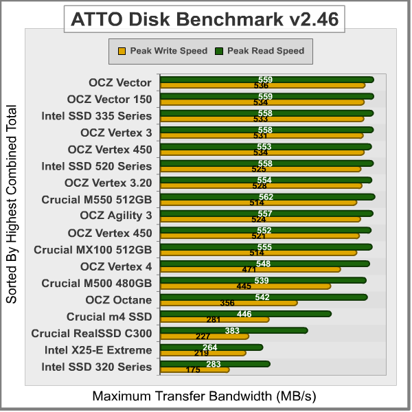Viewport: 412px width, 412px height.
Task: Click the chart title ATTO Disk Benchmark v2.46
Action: (205, 19)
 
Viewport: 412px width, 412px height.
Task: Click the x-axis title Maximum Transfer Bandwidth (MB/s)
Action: (205, 396)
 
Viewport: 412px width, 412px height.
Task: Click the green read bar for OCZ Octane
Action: (264, 297)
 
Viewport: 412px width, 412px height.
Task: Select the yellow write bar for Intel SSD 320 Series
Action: (194, 370)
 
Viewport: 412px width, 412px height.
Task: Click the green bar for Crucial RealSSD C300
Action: (233, 330)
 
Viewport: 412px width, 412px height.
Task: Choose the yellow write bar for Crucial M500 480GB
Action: (245, 286)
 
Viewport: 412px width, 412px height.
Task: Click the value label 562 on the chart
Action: (266, 196)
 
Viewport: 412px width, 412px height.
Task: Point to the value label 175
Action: (193, 370)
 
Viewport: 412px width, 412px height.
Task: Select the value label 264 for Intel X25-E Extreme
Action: (210, 347)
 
